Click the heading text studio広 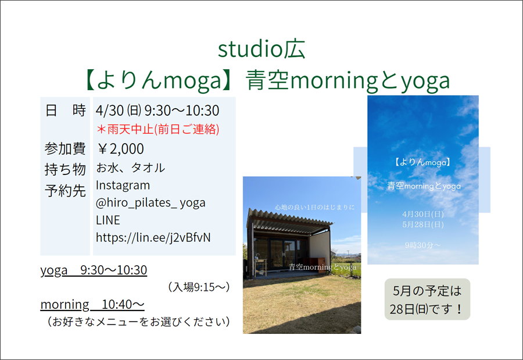[261, 49]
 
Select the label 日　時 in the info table [65, 110]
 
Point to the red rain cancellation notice [157, 129]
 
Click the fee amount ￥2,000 [120, 149]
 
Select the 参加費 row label [65, 149]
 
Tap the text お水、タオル [130, 167]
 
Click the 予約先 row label [65, 191]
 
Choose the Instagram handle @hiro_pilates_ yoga [151, 203]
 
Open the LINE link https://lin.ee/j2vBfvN [153, 237]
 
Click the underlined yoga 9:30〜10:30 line [94, 270]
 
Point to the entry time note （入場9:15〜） [199, 287]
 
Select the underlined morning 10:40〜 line [92, 305]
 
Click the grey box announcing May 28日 [427, 299]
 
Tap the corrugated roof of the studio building [288, 220]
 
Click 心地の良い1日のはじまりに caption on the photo [314, 208]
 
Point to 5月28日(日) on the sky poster [423, 224]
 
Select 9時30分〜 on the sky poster [422, 245]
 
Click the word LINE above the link [108, 220]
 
